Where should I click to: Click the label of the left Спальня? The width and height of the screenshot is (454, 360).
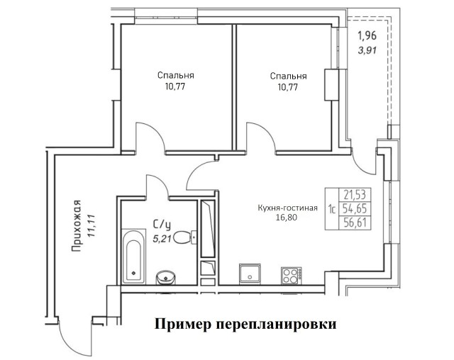(177, 75)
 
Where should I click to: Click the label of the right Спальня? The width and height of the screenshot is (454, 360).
(288, 76)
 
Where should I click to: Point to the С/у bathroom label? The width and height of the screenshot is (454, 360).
(162, 224)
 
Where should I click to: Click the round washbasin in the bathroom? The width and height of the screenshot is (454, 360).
(166, 276)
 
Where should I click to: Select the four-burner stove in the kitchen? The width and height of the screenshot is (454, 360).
(292, 274)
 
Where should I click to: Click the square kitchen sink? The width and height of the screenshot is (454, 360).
(250, 274)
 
